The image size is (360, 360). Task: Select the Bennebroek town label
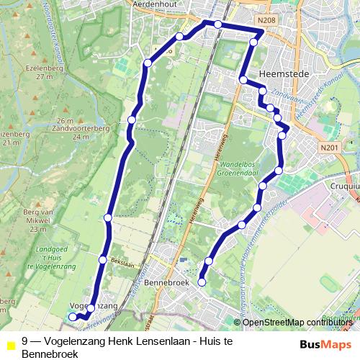pos(168,283)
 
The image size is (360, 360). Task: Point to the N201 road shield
pos(330,148)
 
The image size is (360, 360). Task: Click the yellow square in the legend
pos(10,344)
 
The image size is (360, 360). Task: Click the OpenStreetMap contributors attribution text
pos(299,322)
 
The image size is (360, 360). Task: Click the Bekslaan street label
pos(122,265)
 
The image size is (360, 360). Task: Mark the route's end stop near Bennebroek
pos(202,283)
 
